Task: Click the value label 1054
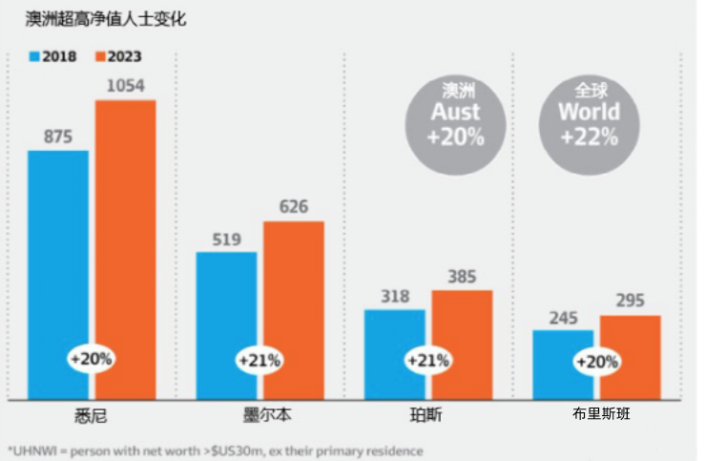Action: pyautogui.click(x=125, y=86)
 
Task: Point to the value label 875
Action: pyautogui.click(x=58, y=136)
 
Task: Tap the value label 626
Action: pyautogui.click(x=294, y=207)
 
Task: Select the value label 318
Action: pyautogui.click(x=395, y=295)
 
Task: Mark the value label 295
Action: pyautogui.click(x=631, y=302)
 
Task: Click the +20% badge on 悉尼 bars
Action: pyautogui.click(x=92, y=360)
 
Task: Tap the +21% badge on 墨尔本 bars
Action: pyautogui.click(x=260, y=361)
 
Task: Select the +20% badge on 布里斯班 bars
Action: pyautogui.click(x=597, y=362)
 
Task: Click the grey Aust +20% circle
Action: pyautogui.click(x=455, y=114)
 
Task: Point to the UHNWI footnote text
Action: pyautogui.click(x=214, y=450)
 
